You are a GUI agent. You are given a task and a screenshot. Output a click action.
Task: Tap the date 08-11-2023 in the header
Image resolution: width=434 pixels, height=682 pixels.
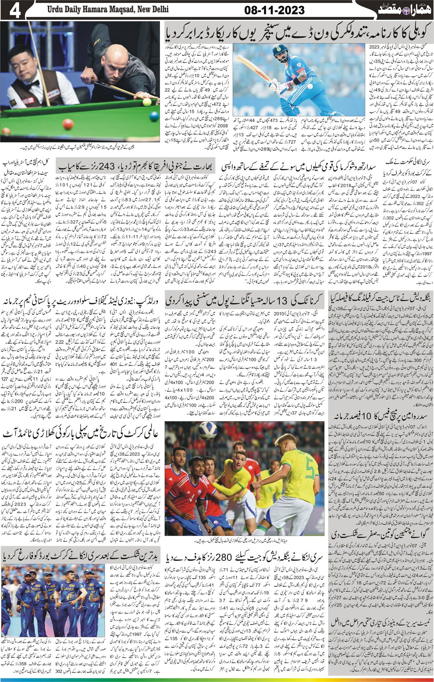click(x=274, y=10)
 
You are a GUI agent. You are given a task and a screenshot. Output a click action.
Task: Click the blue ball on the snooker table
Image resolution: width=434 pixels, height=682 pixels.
click(x=154, y=117)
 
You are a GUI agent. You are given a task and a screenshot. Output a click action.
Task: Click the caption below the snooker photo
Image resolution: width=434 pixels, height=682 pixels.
click(x=80, y=146)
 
